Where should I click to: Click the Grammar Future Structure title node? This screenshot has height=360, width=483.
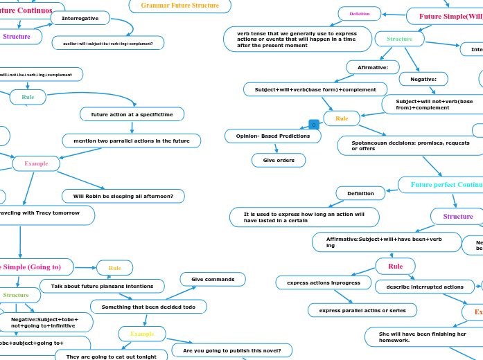(179, 6)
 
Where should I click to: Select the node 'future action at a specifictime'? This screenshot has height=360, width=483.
(132, 114)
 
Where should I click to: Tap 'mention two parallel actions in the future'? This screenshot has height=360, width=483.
(131, 141)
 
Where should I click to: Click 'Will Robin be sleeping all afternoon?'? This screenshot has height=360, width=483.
(123, 196)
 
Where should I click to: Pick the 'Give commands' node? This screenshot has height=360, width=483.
(212, 279)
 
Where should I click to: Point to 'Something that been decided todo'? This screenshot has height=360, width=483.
(148, 306)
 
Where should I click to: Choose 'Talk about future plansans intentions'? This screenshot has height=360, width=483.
(102, 286)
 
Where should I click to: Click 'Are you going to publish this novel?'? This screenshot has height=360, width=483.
(231, 350)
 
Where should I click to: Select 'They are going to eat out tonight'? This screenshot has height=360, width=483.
(111, 356)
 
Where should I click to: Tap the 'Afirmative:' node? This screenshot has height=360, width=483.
(373, 67)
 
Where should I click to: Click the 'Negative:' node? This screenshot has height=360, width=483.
(423, 79)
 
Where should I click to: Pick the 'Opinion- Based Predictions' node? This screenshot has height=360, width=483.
(272, 136)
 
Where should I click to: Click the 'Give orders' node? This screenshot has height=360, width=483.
(278, 160)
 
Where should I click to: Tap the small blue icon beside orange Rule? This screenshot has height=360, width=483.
(313, 125)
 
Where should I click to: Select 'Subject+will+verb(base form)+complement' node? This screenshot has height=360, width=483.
(315, 89)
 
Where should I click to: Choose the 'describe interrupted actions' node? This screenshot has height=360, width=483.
(424, 287)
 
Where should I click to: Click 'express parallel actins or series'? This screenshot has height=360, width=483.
(362, 309)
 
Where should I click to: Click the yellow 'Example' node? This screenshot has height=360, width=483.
(142, 334)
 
